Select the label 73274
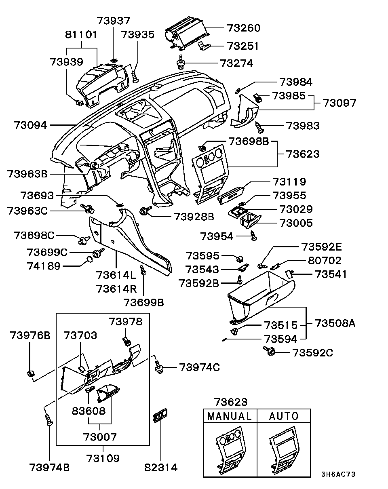(242, 63)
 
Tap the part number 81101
(81, 35)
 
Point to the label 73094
(30, 125)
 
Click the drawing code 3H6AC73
(338, 474)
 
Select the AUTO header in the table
(284, 416)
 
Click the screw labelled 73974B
(49, 419)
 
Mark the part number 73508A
(335, 323)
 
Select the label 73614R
(116, 289)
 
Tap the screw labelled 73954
(253, 235)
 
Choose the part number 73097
(339, 103)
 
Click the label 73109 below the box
(103, 458)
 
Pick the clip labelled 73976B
(30, 373)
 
